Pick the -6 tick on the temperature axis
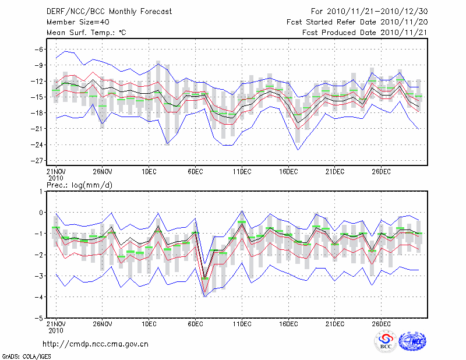coord(40,50)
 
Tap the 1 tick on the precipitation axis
coord(42,192)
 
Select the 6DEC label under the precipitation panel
coord(195,324)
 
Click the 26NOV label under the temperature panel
coord(102,171)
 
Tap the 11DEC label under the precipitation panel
coord(242,324)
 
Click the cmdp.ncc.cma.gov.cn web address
coord(96,344)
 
